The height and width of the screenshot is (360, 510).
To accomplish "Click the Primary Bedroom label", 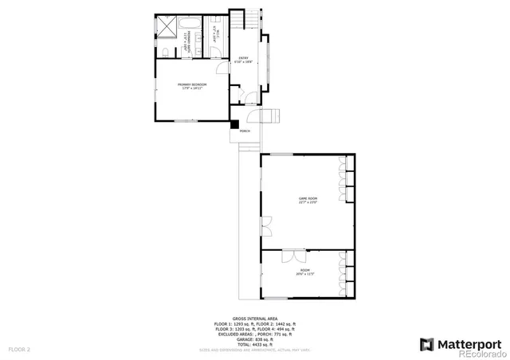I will click(x=191, y=86).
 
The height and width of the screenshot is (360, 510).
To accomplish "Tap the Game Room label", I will click(x=308, y=200).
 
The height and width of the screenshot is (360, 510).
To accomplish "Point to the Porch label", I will click(x=245, y=131).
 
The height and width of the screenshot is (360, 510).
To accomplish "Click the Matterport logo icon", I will click(x=426, y=344).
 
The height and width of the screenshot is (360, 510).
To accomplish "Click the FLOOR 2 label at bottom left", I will click(x=19, y=349).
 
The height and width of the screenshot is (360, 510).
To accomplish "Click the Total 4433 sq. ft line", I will click(x=254, y=343).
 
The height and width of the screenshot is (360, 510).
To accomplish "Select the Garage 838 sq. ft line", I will click(x=254, y=338).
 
